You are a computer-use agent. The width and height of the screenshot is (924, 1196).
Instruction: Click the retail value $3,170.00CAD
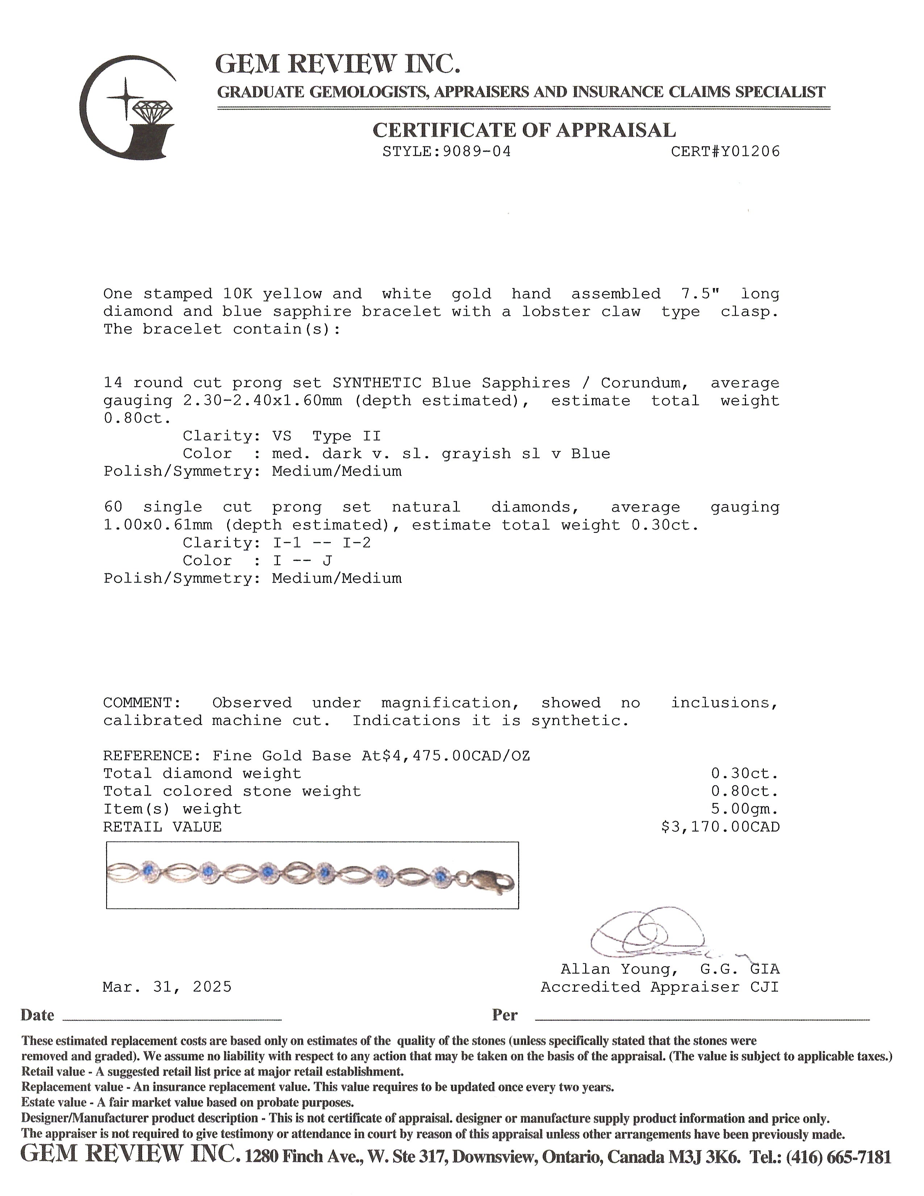point(720,827)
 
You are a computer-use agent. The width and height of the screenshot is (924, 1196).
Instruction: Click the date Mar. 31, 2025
point(167,987)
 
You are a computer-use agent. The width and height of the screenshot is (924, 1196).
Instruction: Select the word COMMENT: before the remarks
point(138,703)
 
